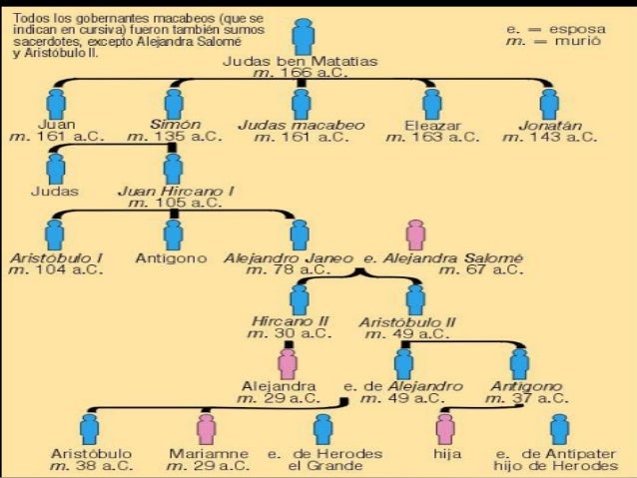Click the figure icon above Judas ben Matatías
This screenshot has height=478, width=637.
(303, 36)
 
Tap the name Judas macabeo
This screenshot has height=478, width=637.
(301, 125)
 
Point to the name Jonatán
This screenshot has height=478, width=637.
(549, 125)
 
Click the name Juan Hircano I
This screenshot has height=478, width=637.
(175, 189)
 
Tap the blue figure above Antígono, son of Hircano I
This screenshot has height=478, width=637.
(173, 233)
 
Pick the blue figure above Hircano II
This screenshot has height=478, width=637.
(301, 298)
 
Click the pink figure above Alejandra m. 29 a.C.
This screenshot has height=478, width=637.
(288, 363)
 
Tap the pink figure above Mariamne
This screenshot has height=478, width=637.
(207, 428)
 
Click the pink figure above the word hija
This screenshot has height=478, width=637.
(444, 428)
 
